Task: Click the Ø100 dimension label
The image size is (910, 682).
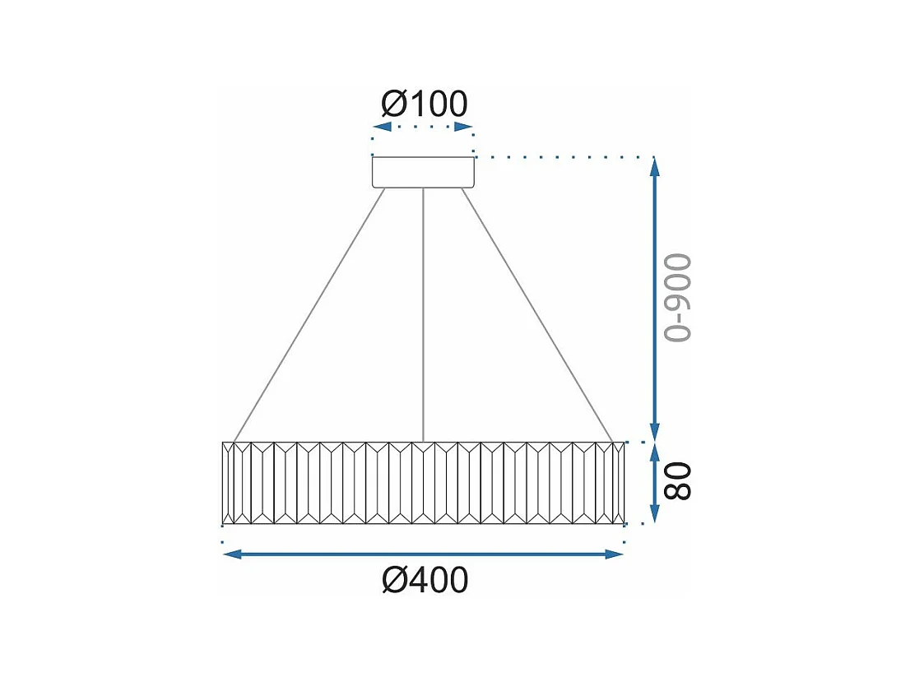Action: point(425,104)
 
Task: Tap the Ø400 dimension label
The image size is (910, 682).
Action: point(425,580)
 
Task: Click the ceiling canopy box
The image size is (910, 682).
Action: point(423,172)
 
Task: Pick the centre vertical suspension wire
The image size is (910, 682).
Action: point(423,313)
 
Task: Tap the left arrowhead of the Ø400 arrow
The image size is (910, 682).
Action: point(232,554)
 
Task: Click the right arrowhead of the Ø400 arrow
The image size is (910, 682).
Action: point(615,554)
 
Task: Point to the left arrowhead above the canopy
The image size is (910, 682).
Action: point(381,127)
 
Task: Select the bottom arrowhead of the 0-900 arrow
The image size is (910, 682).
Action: point(655,433)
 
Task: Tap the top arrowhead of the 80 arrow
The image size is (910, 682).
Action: point(655,452)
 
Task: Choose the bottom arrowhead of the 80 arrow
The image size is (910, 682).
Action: point(655,514)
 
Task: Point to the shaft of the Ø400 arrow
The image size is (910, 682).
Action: point(423,554)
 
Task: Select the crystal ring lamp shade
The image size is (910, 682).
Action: point(423,483)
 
